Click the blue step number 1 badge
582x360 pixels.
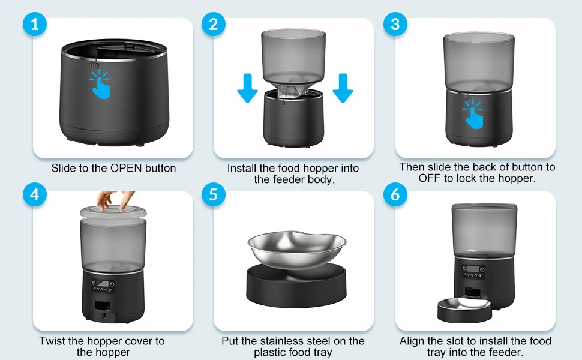(x=35, y=25)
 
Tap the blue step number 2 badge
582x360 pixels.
(x=214, y=25)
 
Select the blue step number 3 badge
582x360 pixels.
(x=395, y=25)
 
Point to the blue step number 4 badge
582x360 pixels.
(x=35, y=194)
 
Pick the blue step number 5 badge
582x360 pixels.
(x=214, y=194)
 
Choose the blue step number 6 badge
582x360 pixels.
(x=395, y=194)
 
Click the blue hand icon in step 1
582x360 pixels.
(x=100, y=85)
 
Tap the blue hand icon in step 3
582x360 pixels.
(x=473, y=115)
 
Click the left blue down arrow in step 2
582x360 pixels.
(x=247, y=88)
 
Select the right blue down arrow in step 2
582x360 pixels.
(x=343, y=88)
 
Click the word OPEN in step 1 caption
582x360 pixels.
(x=126, y=168)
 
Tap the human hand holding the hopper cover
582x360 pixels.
(x=115, y=200)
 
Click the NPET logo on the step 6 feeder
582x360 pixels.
(x=472, y=251)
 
